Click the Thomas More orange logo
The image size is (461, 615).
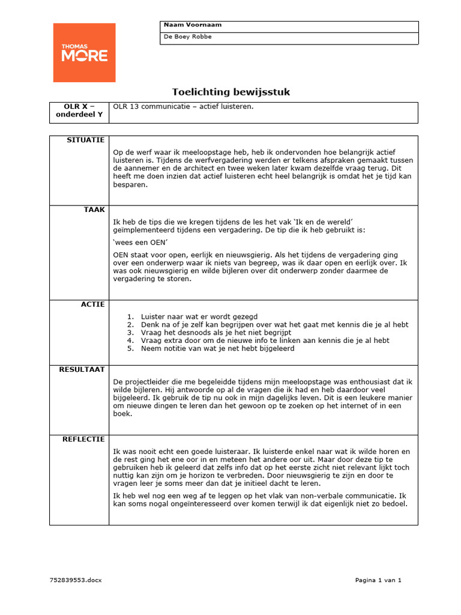(x=84, y=52)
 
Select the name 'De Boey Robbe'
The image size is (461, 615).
(x=188, y=37)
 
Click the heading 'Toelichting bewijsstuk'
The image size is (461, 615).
(x=231, y=92)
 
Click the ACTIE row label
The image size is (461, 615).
(x=93, y=304)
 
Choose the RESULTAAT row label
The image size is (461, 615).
(x=82, y=369)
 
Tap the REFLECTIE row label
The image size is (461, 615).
(x=83, y=440)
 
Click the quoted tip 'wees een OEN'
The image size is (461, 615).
(x=139, y=242)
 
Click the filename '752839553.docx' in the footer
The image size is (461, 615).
(x=76, y=580)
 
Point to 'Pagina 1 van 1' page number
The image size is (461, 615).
(x=378, y=580)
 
